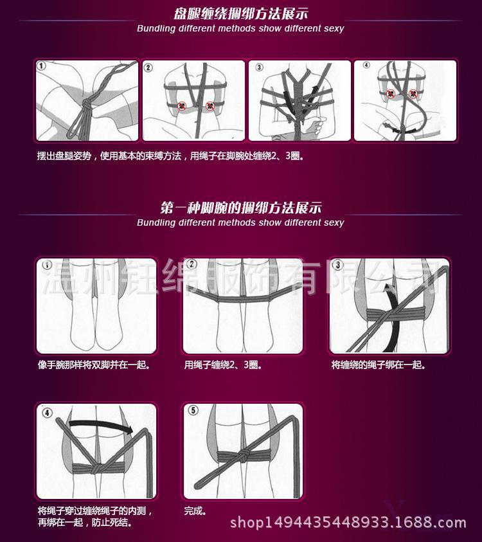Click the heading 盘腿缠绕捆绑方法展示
240,14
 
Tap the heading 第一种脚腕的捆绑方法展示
240,208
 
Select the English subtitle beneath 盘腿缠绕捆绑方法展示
240,28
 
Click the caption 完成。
195,511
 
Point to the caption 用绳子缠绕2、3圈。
223,365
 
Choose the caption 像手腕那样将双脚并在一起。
94,365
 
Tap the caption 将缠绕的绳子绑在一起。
379,365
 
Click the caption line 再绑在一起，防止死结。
85,523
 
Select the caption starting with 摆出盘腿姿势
170,156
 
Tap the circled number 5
193,411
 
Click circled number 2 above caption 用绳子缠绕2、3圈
192,266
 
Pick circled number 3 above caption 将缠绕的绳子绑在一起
338,266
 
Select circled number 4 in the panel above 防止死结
46,411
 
